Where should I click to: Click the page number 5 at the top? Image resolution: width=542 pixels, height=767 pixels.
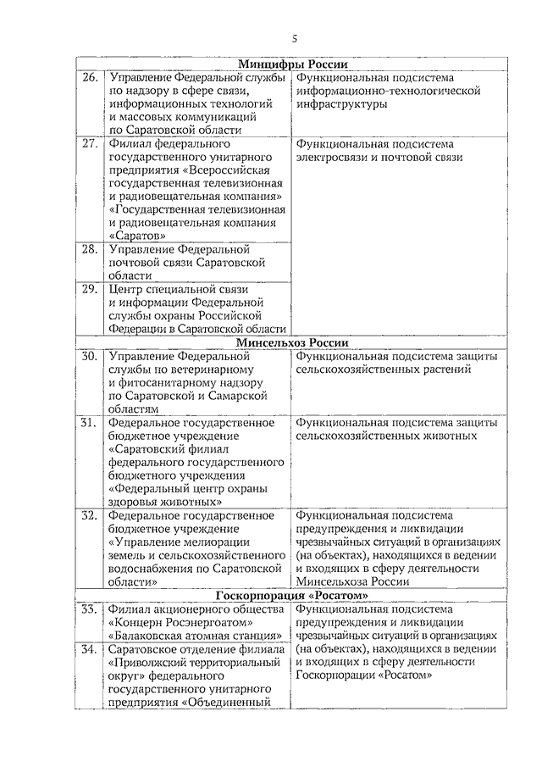(x=294, y=38)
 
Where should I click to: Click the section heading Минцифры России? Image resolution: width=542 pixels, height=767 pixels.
(x=293, y=64)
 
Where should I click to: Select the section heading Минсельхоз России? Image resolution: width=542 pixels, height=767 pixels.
(x=293, y=342)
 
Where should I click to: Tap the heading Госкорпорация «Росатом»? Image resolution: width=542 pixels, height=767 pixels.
(x=294, y=595)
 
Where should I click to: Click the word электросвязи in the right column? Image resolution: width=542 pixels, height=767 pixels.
(x=330, y=158)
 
